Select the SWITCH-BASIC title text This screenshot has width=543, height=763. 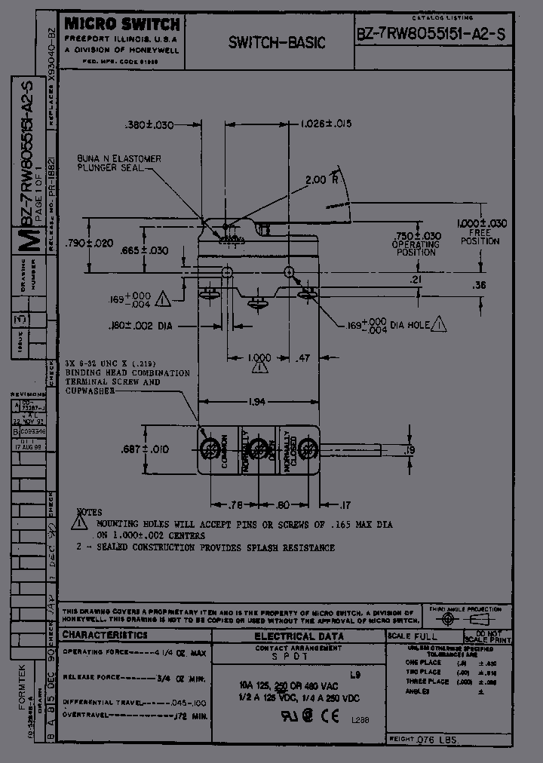(277, 43)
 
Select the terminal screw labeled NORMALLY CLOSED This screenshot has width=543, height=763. (305, 450)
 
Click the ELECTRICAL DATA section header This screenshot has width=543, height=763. (299, 636)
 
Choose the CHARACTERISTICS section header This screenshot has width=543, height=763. (105, 636)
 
